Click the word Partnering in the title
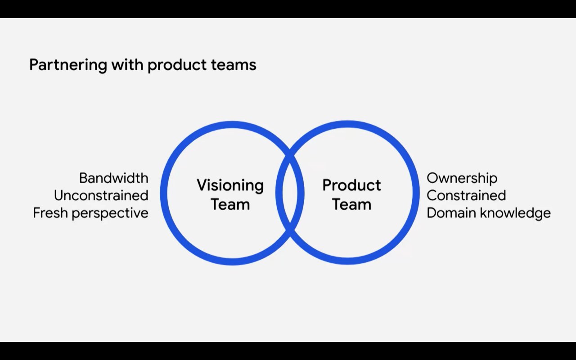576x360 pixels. click(x=68, y=65)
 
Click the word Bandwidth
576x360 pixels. click(x=113, y=178)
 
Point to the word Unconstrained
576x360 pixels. click(x=101, y=196)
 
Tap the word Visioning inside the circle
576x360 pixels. click(x=230, y=185)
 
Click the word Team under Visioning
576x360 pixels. click(x=230, y=204)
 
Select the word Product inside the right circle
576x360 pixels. click(x=351, y=185)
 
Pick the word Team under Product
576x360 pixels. click(x=351, y=204)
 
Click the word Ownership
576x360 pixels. click(x=462, y=178)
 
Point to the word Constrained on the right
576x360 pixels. click(x=466, y=196)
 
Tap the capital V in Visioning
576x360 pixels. click(x=201, y=185)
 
